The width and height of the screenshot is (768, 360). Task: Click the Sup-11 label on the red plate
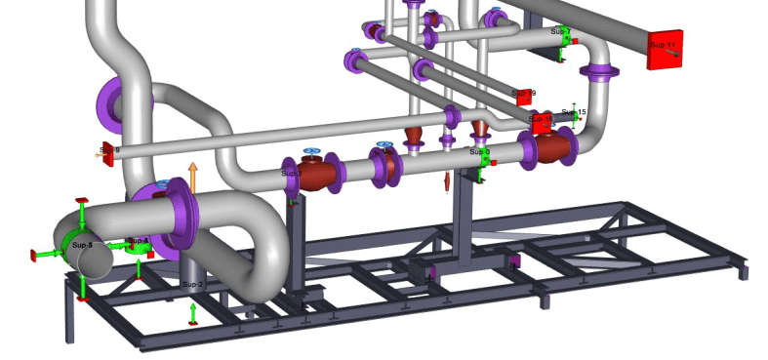[663, 45]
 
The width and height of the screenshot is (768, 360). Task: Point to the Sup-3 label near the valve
[291, 173]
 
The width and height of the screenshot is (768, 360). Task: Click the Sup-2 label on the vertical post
[192, 284]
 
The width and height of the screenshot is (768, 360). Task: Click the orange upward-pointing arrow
[192, 177]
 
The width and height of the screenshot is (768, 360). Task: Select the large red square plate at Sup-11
[666, 48]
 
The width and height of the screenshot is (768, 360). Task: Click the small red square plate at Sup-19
[523, 96]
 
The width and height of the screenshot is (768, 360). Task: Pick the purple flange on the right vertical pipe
[598, 71]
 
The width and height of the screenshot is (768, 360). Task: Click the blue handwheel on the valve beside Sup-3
[312, 150]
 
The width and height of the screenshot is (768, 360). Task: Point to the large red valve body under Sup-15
[553, 147]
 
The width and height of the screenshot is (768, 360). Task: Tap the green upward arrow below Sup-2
[192, 313]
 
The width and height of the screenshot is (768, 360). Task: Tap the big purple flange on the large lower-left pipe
[178, 217]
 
